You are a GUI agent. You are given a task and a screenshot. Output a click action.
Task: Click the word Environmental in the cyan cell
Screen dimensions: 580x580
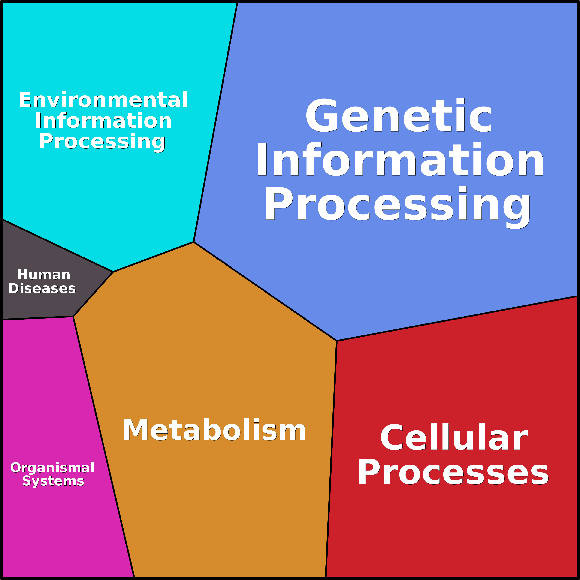click(103, 100)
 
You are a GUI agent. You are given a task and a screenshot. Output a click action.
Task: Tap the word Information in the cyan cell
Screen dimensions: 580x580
click(103, 121)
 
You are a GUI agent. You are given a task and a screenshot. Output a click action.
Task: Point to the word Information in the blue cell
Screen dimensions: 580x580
click(400, 160)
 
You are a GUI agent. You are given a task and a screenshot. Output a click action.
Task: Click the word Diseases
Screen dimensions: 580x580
click(42, 288)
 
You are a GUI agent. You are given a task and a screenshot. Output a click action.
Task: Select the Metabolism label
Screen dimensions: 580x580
click(214, 430)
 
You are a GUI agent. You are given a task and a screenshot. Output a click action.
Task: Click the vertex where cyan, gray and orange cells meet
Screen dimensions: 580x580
click(113, 272)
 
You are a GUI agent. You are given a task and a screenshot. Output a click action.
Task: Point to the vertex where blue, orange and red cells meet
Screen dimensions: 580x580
click(337, 341)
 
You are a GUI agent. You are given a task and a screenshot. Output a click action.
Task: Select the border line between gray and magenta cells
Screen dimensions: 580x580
click(38, 318)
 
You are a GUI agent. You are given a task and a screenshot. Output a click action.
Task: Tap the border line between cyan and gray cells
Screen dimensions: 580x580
click(57, 246)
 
